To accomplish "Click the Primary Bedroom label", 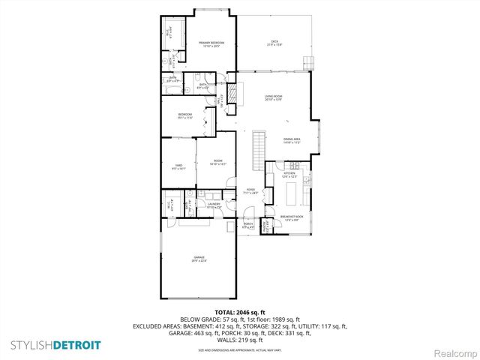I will point(208,45).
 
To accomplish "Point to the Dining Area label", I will point(292,140).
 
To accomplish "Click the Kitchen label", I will point(289,175).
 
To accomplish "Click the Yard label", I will point(178,167).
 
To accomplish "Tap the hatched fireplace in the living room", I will point(232,94).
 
